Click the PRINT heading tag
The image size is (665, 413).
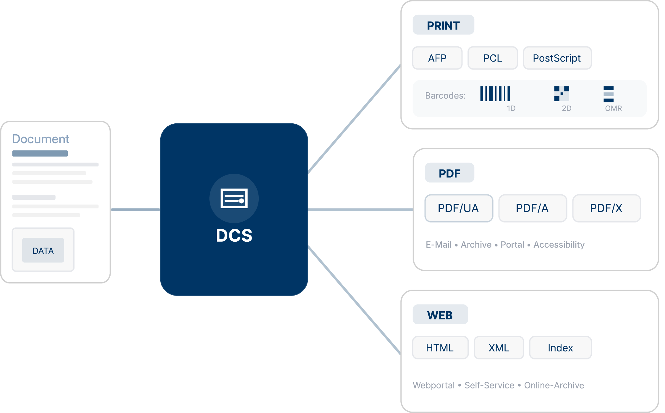point(443,25)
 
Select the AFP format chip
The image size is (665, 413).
point(437,58)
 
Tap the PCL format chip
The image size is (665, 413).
point(493,58)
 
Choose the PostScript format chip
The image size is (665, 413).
point(557,58)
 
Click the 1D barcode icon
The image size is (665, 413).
point(495,94)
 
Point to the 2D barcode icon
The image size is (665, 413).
point(562,94)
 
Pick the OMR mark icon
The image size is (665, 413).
point(609,94)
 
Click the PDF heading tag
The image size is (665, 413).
point(449,173)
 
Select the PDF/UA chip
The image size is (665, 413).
point(459,208)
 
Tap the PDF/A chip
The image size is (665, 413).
point(533,208)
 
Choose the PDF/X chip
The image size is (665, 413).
point(606,208)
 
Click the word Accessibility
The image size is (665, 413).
point(559,245)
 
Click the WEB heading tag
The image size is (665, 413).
point(440,315)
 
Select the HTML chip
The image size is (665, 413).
point(440,348)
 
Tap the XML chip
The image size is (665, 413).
point(499,348)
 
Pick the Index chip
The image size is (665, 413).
point(560,348)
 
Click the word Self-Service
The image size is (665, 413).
point(489,385)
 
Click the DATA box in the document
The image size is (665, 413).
point(43,251)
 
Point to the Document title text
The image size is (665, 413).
point(41,139)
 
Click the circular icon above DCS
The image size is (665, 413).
point(234,198)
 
